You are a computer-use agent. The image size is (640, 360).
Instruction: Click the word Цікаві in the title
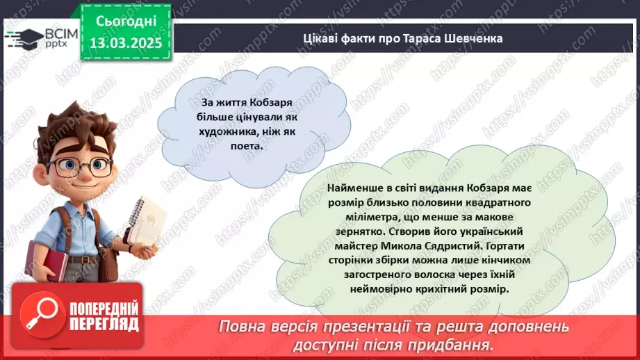click(x=319, y=38)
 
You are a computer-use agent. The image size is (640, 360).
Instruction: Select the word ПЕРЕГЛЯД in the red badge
click(x=104, y=324)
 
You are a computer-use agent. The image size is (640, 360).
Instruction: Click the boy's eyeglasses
click(x=79, y=165)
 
